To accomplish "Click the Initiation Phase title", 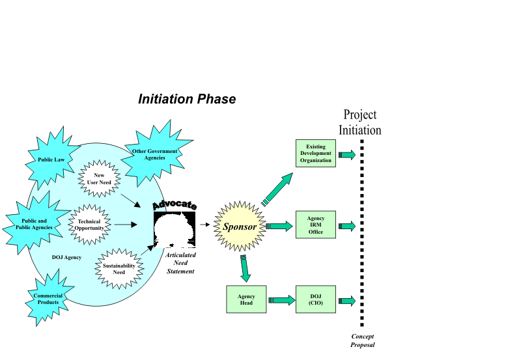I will coord(187,100).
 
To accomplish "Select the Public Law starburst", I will coord(50,159).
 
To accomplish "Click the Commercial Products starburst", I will coord(48,299).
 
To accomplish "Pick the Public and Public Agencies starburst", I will coord(35,225).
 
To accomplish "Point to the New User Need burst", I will coord(100,178).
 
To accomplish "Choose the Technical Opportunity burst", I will coord(90,225).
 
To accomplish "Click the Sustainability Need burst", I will coord(119,269).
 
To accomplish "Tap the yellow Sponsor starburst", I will coord(240,227).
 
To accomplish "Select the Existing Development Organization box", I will coord(316,154).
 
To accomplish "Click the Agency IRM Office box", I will coord(316,225).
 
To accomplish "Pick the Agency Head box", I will coord(246,300).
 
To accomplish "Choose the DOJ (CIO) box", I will coord(316,300).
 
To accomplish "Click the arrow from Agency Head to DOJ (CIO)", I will coord(281,300).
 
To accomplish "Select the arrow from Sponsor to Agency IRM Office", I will coord(280,226).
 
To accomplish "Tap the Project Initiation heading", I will coord(359,122).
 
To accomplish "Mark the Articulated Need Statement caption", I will coord(180,264).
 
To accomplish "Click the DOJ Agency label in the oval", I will coord(67,257).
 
